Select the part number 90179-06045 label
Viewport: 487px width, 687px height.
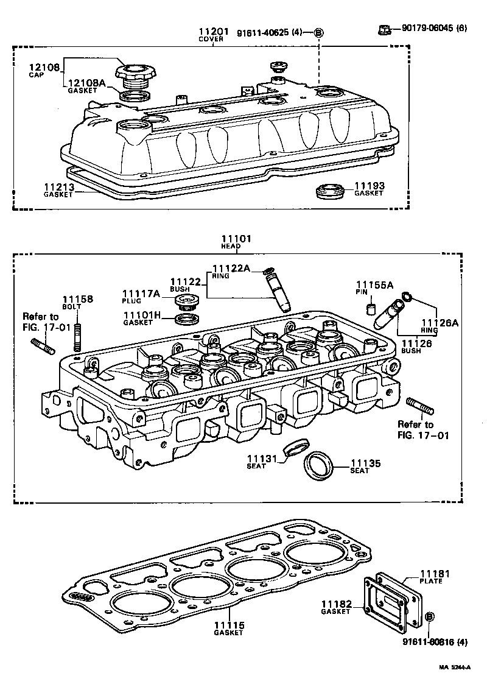tap(434, 27)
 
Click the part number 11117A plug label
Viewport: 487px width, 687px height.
tap(141, 294)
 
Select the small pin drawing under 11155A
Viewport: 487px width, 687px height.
tap(370, 308)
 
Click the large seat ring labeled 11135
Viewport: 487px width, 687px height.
tap(319, 466)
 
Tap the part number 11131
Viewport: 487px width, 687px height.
tap(262, 459)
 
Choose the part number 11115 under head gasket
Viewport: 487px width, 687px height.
tap(228, 625)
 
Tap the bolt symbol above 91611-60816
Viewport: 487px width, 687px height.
tap(429, 617)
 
